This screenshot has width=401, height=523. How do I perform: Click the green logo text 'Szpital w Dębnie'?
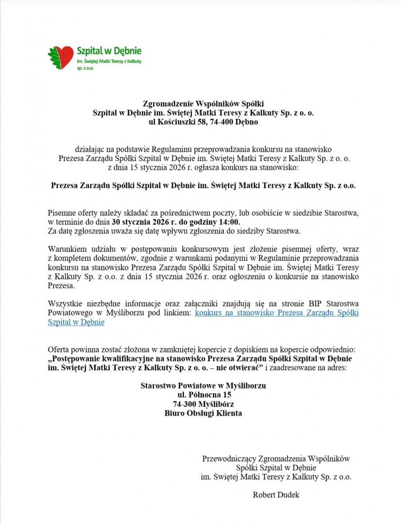click(109, 51)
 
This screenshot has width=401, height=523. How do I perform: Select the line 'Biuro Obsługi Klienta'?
click(203, 413)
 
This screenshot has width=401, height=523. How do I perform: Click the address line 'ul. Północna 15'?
click(203, 395)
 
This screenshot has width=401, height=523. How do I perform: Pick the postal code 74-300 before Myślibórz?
click(185, 404)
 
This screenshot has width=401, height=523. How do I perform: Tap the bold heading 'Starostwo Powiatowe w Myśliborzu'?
click(203, 386)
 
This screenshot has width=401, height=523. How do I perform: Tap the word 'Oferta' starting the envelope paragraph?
click(58, 350)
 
